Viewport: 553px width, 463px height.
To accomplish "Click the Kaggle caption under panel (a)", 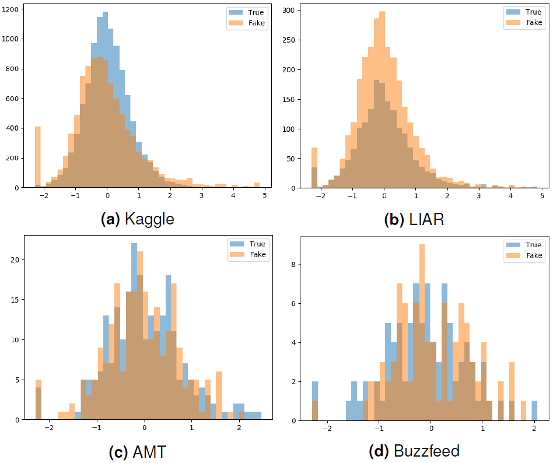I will click(x=138, y=219).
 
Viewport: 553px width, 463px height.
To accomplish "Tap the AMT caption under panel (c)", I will click(x=138, y=451).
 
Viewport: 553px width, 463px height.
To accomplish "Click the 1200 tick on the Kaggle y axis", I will click(x=12, y=9).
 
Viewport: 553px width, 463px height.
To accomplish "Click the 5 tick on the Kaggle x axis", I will click(x=264, y=197).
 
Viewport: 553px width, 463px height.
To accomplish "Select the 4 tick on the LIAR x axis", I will click(x=511, y=197).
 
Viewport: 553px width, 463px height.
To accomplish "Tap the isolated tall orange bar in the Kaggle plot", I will click(x=38, y=157).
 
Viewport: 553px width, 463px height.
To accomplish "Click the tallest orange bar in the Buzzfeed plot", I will click(x=422, y=332).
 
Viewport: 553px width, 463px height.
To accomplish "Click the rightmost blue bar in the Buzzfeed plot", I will click(x=534, y=411).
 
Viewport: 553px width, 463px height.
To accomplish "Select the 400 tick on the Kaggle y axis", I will click(x=14, y=128).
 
